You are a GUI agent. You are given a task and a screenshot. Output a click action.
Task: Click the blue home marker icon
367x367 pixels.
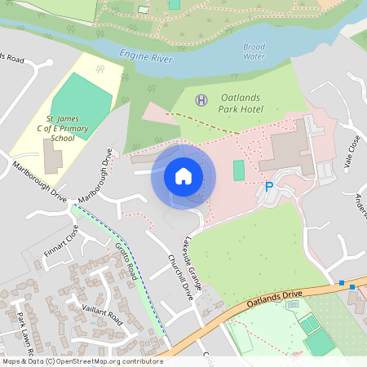click(x=183, y=176)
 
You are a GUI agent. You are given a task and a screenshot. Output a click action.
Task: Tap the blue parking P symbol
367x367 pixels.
click(x=268, y=187)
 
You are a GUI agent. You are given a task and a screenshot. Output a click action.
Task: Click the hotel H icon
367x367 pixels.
click(x=201, y=99)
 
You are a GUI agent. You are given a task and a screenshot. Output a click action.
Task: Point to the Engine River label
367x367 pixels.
click(x=146, y=56)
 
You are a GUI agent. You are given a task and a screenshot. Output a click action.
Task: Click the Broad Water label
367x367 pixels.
click(x=254, y=51)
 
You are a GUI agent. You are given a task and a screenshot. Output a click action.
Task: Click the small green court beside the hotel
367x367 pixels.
click(x=238, y=170)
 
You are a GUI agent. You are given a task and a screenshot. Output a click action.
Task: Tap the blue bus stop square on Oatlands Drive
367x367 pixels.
click(x=343, y=283)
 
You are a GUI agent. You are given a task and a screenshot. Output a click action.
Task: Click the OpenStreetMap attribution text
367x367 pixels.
click(x=82, y=361)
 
